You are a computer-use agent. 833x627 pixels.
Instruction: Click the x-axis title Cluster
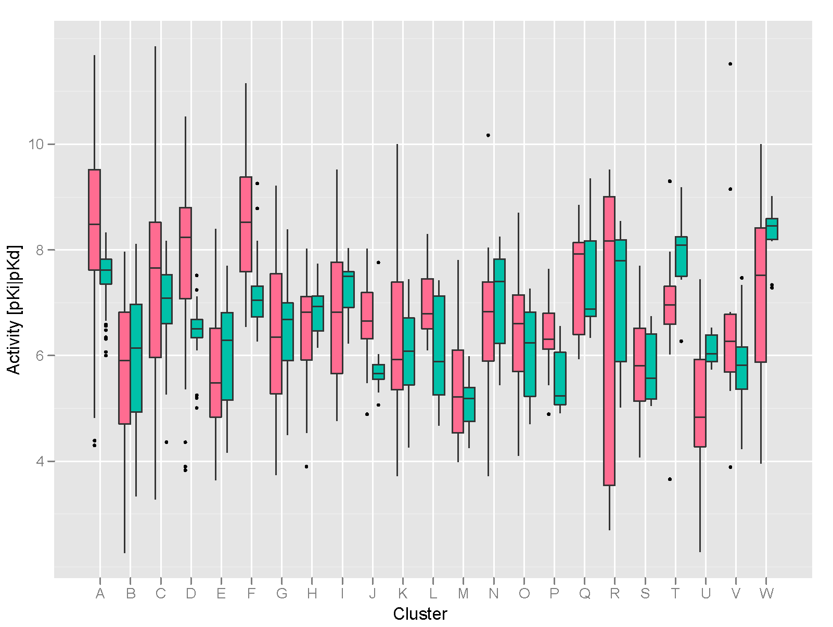(420, 614)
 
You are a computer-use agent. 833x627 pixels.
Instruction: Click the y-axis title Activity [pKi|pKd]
(14, 309)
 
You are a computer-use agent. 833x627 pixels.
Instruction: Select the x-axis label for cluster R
(614, 594)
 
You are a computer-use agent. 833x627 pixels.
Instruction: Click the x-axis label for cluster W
(766, 594)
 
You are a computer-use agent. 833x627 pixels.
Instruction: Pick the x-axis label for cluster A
(100, 594)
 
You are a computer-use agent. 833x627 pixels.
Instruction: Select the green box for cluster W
(772, 229)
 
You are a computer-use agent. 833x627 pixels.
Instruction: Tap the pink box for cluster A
(94, 220)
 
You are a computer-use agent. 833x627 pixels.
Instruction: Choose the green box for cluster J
(378, 372)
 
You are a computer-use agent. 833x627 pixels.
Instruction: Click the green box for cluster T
(681, 256)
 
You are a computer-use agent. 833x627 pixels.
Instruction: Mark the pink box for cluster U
(700, 403)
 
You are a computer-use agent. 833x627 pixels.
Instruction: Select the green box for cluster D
(197, 329)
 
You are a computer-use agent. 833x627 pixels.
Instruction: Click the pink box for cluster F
(246, 224)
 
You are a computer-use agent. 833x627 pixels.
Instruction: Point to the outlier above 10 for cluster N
(488, 135)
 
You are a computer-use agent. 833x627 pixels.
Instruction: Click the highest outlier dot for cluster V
(731, 64)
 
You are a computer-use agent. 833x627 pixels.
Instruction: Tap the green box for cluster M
(469, 404)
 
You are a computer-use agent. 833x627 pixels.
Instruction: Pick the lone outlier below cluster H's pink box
(306, 466)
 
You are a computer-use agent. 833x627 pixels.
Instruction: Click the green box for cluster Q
(590, 278)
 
